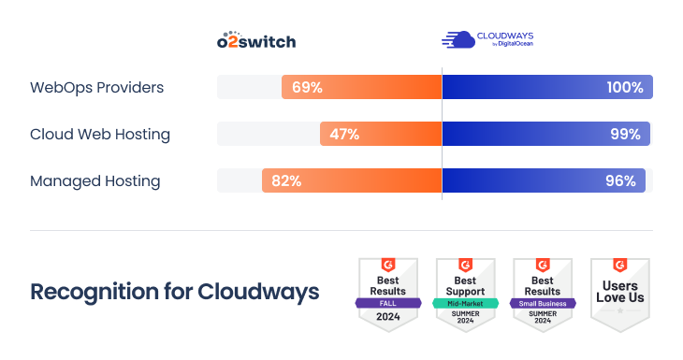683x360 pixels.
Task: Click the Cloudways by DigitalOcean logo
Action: tap(487, 39)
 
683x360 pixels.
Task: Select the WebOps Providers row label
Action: tap(96, 87)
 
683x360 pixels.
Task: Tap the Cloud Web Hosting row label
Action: tap(99, 134)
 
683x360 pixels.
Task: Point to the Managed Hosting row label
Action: tap(94, 180)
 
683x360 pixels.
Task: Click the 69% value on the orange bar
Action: tap(307, 87)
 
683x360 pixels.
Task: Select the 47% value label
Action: tap(344, 134)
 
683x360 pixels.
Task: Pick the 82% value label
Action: tap(286, 180)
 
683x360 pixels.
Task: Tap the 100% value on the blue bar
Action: tap(624, 87)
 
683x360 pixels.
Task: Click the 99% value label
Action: tap(625, 134)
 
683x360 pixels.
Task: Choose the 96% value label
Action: tap(620, 180)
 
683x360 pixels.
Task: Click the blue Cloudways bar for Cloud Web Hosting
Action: tap(524, 134)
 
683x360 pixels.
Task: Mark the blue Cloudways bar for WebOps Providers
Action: tap(524, 87)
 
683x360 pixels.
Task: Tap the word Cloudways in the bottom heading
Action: tap(258, 291)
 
